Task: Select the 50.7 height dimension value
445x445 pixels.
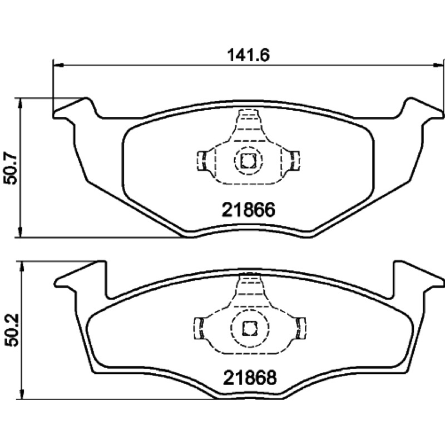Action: tap(11, 170)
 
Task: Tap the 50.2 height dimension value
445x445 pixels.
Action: tap(11, 330)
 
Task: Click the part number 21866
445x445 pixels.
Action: tap(248, 210)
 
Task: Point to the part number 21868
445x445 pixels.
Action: tap(250, 378)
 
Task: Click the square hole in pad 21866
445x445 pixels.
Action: tap(248, 160)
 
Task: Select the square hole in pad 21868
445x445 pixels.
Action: tap(250, 328)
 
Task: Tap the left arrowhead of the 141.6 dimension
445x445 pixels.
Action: tap(58, 65)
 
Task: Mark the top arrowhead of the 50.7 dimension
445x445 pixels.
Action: tap(20, 103)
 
